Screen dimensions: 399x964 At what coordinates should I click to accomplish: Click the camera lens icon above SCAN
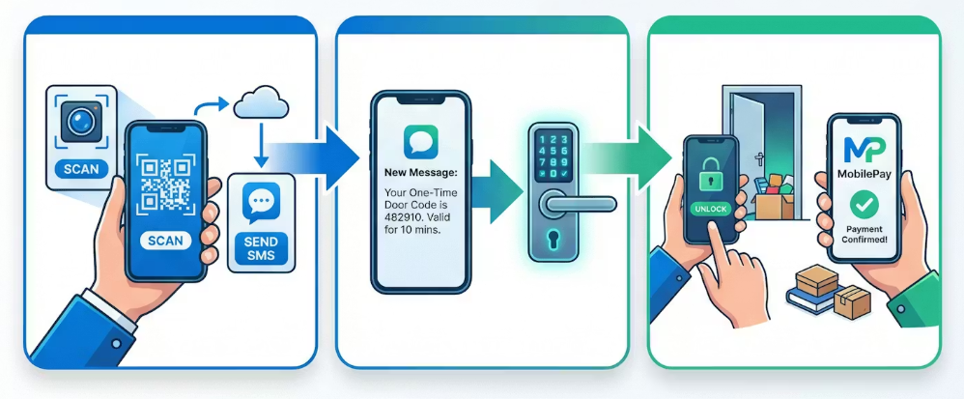coord(80,123)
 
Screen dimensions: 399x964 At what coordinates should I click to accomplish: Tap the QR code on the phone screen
coord(166,184)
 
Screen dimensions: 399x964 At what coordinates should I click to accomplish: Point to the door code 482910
coord(405,216)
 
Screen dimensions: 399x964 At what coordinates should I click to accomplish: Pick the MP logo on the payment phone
coord(863,150)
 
